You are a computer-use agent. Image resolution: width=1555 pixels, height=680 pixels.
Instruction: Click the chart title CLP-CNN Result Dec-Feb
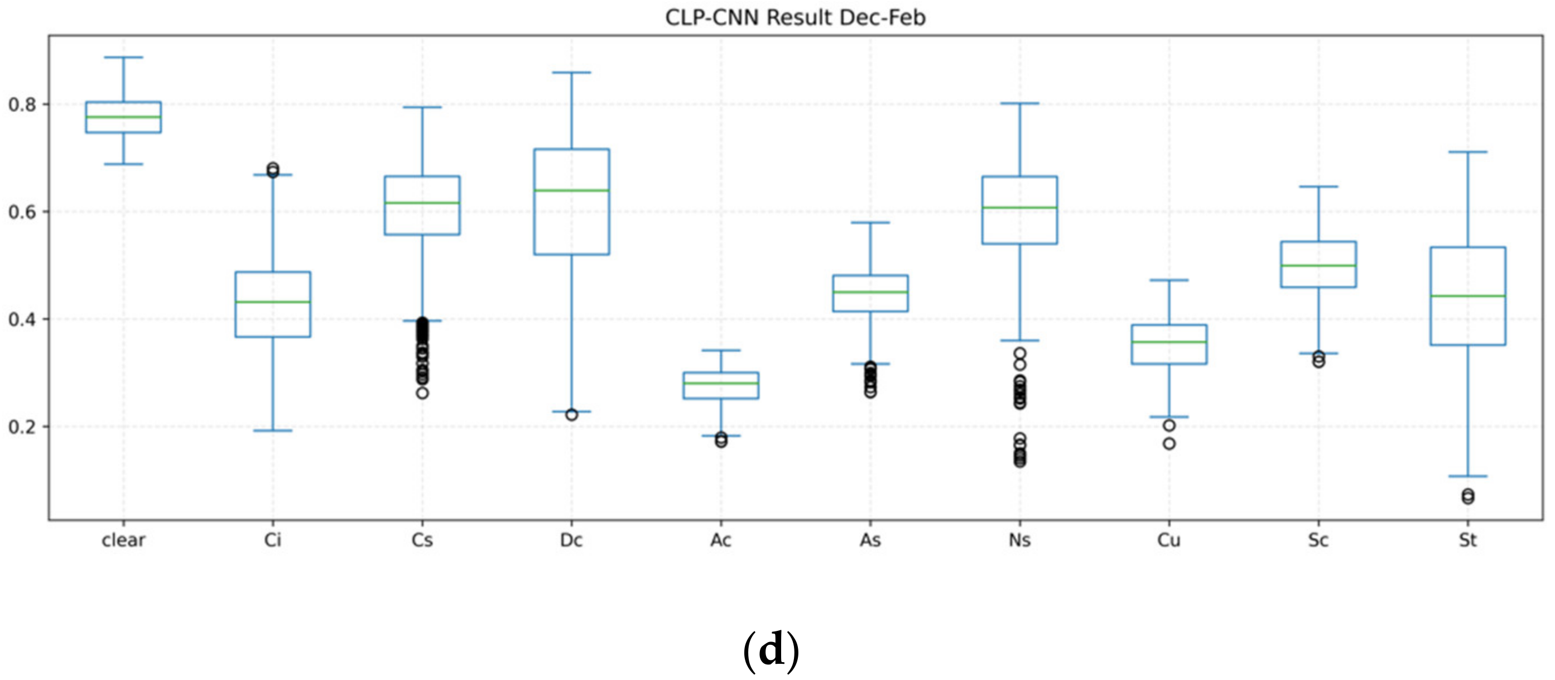(x=795, y=17)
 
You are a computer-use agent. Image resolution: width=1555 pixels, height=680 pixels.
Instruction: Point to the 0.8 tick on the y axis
(x=22, y=104)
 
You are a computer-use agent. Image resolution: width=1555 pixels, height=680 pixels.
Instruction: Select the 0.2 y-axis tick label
(x=22, y=427)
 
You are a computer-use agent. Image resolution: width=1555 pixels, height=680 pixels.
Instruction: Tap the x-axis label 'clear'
(x=123, y=540)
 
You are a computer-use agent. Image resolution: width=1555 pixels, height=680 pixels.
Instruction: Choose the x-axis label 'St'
(x=1467, y=540)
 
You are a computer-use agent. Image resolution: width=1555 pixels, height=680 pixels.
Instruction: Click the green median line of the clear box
(x=123, y=117)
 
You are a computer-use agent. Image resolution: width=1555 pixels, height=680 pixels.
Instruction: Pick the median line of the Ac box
(x=721, y=383)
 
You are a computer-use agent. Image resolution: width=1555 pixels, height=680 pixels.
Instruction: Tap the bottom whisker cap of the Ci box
(x=273, y=430)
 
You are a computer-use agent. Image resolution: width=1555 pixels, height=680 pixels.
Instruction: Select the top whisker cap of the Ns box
(x=1019, y=103)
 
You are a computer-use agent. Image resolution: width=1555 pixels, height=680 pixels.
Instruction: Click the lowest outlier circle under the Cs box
(x=422, y=393)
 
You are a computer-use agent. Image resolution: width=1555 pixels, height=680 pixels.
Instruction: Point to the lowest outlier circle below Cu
(x=1169, y=444)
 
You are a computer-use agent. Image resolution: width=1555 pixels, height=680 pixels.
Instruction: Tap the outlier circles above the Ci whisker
(x=273, y=169)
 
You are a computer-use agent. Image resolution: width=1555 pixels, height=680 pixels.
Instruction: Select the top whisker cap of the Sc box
(x=1318, y=186)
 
